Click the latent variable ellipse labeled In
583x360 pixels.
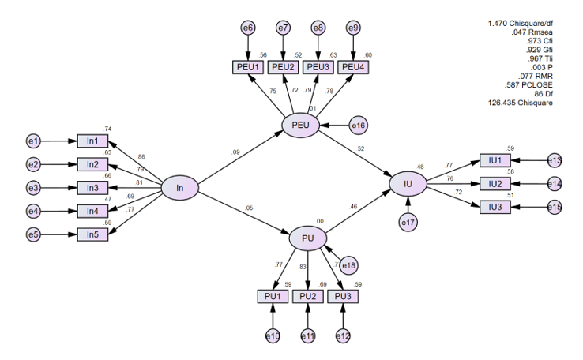click(x=179, y=188)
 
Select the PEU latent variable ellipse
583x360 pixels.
click(x=300, y=126)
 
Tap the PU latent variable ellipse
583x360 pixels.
click(x=307, y=238)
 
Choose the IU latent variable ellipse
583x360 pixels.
click(x=408, y=184)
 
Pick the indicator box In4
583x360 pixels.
click(x=92, y=211)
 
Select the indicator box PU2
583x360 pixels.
click(x=307, y=296)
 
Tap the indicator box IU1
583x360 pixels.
click(x=495, y=160)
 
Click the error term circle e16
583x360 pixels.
click(x=358, y=125)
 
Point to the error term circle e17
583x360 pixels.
click(x=408, y=223)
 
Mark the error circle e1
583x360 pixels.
click(x=33, y=141)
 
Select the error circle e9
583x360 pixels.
click(x=353, y=28)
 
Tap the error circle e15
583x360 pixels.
click(x=554, y=207)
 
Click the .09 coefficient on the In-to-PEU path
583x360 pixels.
click(x=235, y=152)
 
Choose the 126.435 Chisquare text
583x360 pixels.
click(x=522, y=103)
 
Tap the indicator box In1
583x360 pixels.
click(x=92, y=141)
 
